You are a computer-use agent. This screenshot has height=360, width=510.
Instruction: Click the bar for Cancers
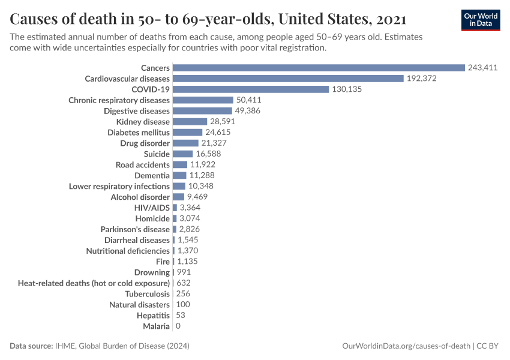[x=319, y=68]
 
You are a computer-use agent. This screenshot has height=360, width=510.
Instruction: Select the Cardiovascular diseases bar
[x=288, y=79]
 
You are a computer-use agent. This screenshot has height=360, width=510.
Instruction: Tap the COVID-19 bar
[x=251, y=89]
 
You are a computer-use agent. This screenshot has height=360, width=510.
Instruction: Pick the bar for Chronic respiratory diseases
[x=203, y=100]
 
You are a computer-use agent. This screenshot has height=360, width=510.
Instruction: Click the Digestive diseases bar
[x=202, y=111]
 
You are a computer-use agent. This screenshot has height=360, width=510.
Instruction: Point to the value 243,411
[x=483, y=68]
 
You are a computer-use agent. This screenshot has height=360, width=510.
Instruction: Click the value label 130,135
[x=347, y=89]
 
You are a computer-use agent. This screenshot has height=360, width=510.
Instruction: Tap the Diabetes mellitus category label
[x=139, y=133]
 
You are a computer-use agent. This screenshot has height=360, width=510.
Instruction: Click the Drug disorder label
[x=145, y=143]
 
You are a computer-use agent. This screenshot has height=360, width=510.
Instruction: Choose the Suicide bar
[x=182, y=154]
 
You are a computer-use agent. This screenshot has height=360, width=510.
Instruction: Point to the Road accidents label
[x=143, y=165]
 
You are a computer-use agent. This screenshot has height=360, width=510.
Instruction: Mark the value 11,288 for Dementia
[x=202, y=176]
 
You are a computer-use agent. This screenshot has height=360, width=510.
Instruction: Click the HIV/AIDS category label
[x=152, y=208]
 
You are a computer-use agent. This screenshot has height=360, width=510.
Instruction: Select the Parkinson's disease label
[x=135, y=229]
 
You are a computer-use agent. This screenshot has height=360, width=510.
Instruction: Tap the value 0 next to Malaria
[x=178, y=326]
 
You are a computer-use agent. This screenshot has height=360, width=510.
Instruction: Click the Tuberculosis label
[x=148, y=294]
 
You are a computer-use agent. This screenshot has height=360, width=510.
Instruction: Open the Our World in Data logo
[x=481, y=20]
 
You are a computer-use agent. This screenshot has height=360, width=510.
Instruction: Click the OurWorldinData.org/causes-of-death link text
[x=406, y=346]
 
